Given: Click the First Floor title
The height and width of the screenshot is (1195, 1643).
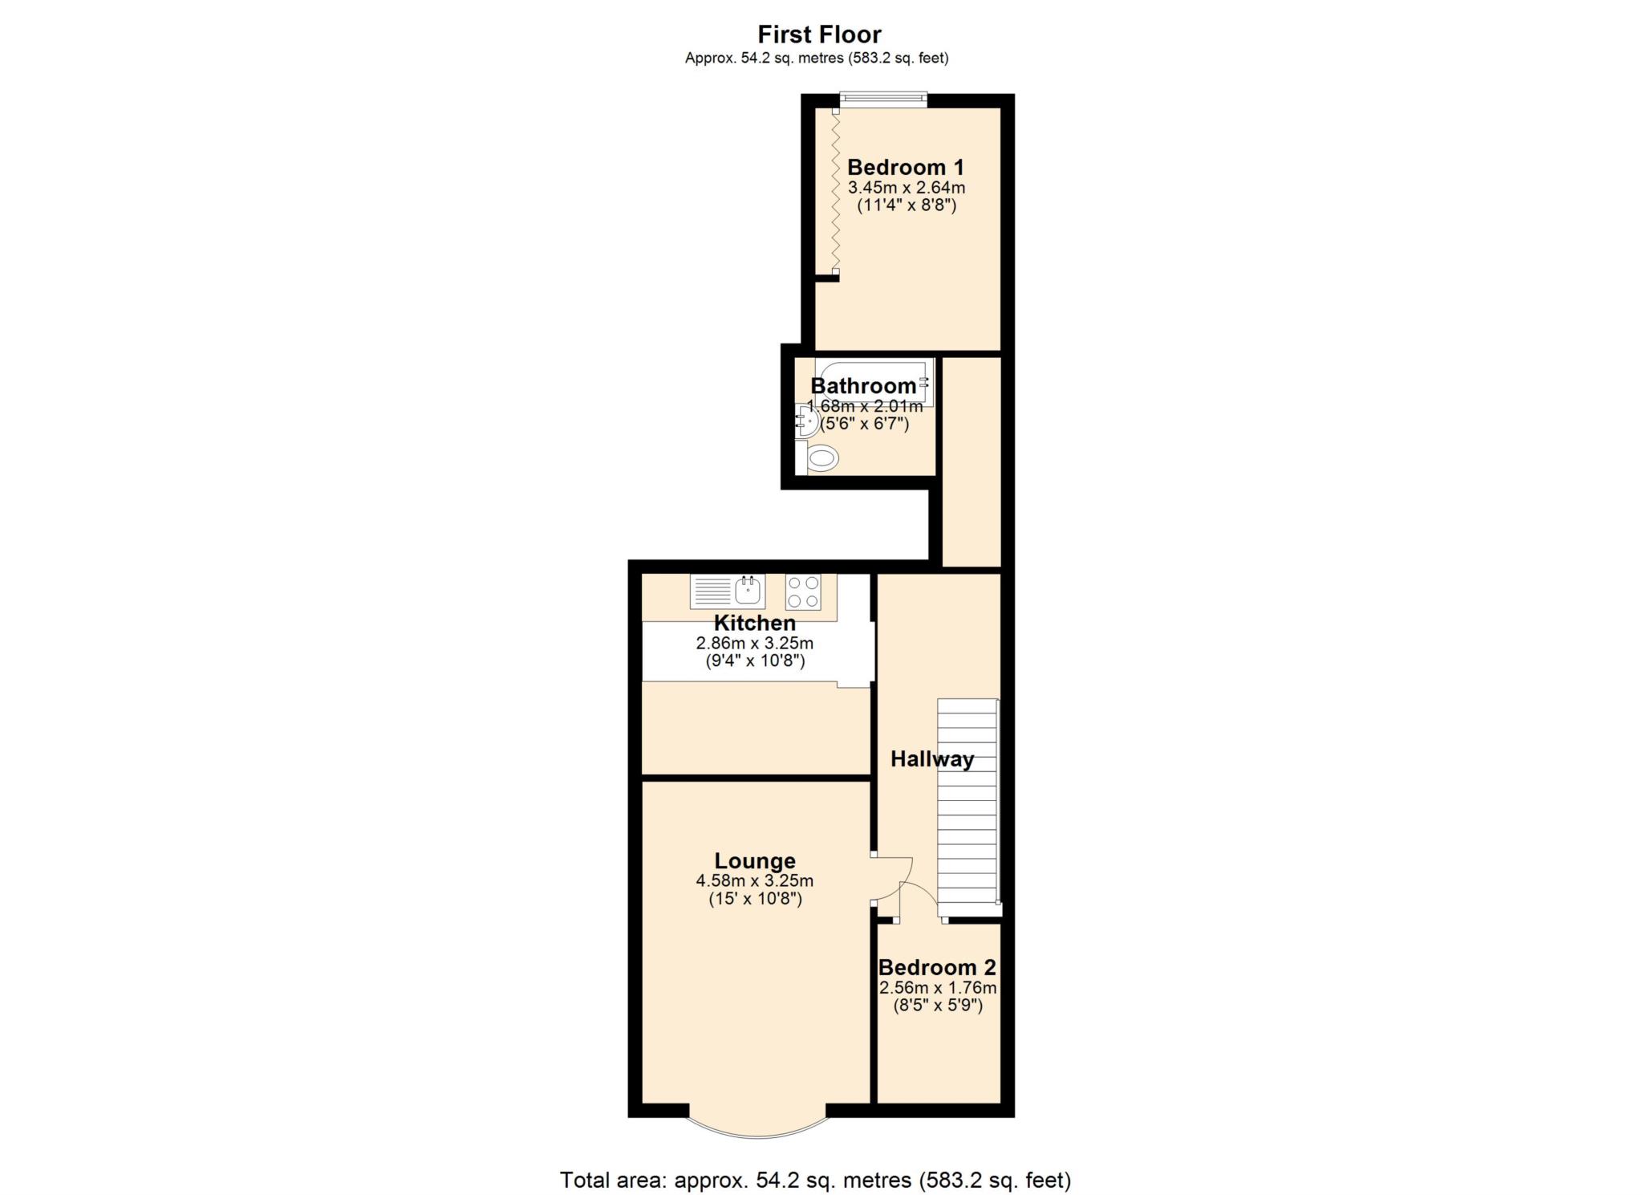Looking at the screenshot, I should click(819, 35).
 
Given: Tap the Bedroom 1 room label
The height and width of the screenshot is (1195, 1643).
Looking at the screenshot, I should click(906, 168).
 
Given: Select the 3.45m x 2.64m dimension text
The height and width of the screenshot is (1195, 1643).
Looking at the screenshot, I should click(907, 188).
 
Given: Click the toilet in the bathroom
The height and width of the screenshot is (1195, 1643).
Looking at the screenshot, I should click(822, 459).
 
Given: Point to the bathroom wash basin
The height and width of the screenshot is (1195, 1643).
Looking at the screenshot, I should click(805, 420).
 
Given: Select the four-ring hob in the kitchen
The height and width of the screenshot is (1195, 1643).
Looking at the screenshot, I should click(803, 592).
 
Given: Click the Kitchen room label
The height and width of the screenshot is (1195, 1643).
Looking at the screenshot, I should click(755, 623).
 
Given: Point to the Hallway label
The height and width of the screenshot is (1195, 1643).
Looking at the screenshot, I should click(932, 759).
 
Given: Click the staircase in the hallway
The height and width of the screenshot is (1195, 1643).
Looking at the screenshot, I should click(968, 803).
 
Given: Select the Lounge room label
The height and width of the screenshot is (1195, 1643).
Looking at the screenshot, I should click(755, 861).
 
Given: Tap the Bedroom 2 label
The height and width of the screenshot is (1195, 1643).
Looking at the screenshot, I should click(937, 968).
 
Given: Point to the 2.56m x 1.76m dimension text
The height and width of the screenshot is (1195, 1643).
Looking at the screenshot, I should click(938, 988).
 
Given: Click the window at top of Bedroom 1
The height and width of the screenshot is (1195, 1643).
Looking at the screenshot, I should click(883, 100).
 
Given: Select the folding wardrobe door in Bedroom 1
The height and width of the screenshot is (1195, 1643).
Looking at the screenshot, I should click(835, 193).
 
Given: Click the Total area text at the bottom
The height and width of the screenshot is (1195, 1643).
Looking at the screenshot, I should click(815, 1180).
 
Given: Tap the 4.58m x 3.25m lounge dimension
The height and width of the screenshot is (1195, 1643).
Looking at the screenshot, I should click(755, 880).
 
